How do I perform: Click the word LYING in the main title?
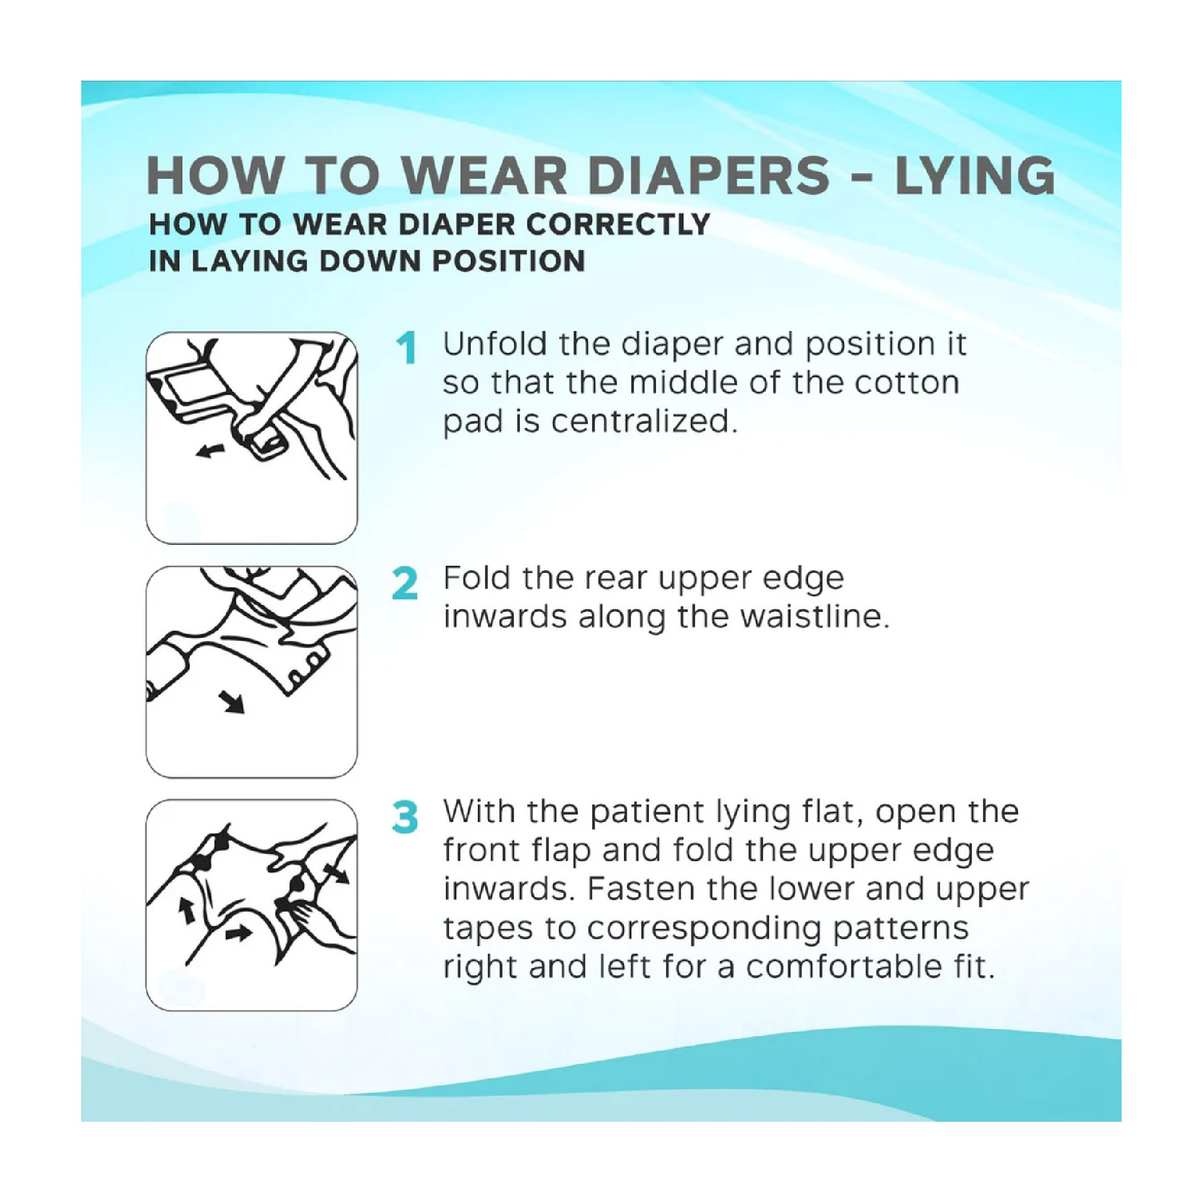coord(974,176)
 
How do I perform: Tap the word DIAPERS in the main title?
coord(708,176)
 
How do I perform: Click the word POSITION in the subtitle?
coord(509,261)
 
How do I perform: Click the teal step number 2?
coord(405,583)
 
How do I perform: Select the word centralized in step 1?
coord(644,422)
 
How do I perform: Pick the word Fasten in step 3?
coord(641,889)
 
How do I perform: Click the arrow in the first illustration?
coord(211,449)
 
